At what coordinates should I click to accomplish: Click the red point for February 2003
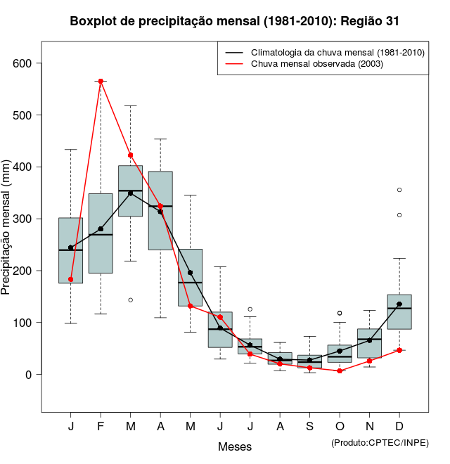coord(101,81)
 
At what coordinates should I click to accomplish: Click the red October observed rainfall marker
coord(340,370)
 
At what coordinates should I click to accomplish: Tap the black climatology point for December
coord(399,304)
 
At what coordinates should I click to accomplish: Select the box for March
coord(130,191)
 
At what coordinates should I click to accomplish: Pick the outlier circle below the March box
coord(130,300)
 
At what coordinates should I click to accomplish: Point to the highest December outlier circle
coord(399,190)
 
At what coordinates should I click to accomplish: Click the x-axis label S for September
coord(310,427)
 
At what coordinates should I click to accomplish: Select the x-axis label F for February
coord(101,427)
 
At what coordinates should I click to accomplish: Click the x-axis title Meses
coord(235,446)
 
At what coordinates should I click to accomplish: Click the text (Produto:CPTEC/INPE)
coord(380,442)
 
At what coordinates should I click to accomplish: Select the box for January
coord(70,250)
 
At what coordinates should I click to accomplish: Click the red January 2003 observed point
coord(70,279)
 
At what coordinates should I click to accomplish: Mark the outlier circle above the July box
coord(250,309)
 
